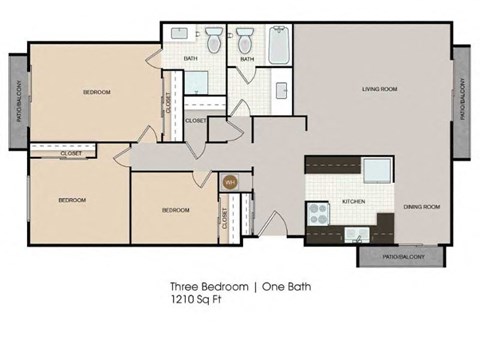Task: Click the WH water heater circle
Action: [x=229, y=182]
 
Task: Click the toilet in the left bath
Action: [x=213, y=44]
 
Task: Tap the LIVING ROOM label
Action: [x=380, y=90]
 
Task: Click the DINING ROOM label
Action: [x=422, y=207]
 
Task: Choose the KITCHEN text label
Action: [x=353, y=201]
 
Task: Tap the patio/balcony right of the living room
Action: [x=462, y=101]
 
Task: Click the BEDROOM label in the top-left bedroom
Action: [x=96, y=92]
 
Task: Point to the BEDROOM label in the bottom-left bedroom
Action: [x=71, y=200]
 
